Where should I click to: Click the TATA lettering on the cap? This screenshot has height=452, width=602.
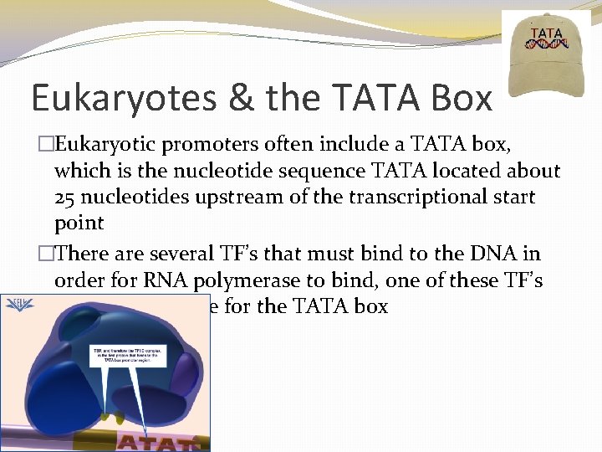click(x=546, y=34)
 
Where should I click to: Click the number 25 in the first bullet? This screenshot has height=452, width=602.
click(x=66, y=197)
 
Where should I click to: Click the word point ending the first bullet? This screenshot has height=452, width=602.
click(x=79, y=223)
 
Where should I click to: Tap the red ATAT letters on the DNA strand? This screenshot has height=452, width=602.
click(x=160, y=442)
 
